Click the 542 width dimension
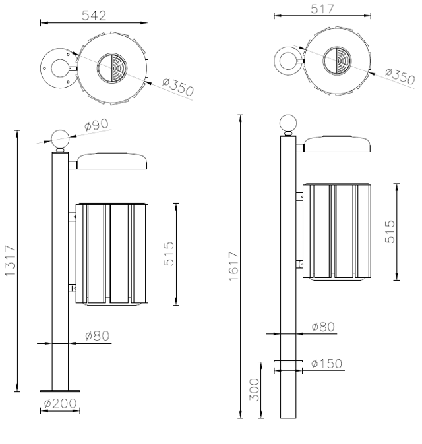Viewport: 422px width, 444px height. [x=94, y=15]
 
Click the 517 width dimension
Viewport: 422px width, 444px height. [x=322, y=9]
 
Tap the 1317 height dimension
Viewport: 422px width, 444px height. [x=10, y=260]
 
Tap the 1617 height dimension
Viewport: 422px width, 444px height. [x=234, y=266]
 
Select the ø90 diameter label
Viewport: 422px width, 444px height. [x=96, y=125]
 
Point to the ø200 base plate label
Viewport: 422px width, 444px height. [x=61, y=403]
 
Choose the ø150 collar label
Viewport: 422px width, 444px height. [x=326, y=363]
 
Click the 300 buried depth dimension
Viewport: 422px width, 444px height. [x=255, y=389]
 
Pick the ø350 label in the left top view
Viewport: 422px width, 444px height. [x=178, y=86]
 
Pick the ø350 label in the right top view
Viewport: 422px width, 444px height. [x=400, y=76]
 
